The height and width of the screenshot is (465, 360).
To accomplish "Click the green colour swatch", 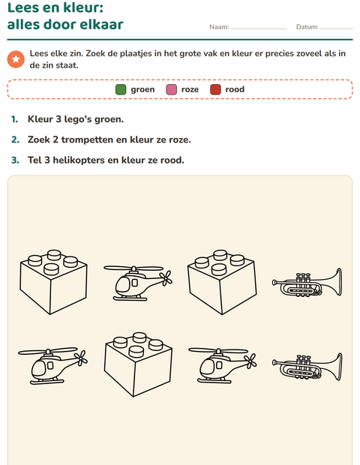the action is (x=121, y=89).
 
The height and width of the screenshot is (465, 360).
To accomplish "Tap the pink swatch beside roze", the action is (x=172, y=89).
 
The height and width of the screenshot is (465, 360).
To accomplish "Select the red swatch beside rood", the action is (x=215, y=89).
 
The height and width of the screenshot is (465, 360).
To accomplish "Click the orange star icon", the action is (x=16, y=59).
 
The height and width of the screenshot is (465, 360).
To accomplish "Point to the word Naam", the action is (x=219, y=27).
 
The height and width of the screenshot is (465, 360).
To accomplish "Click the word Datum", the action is (x=307, y=27).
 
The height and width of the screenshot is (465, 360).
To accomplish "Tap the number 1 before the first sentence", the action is (x=14, y=119).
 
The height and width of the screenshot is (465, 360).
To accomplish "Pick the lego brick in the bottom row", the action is (x=138, y=364).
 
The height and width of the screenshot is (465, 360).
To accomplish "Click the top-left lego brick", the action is (x=54, y=282).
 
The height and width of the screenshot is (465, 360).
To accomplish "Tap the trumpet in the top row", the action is (x=307, y=282).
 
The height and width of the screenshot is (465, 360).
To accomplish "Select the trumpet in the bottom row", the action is (x=307, y=367).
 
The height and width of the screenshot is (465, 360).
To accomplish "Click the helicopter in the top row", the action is (x=137, y=283).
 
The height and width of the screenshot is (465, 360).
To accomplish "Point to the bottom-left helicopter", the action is (x=52, y=366).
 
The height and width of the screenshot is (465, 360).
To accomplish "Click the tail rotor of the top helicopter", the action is (x=166, y=277).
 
